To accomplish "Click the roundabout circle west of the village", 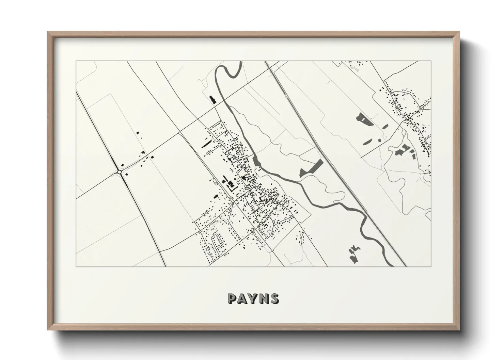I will pyautogui.click(x=120, y=172).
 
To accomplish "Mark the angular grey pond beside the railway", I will pyautogui.click(x=312, y=168).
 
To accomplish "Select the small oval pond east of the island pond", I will pyautogui.click(x=385, y=127).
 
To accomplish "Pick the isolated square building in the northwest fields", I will pyautogui.click(x=138, y=132).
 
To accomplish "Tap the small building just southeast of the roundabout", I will pyautogui.click(x=127, y=174).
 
